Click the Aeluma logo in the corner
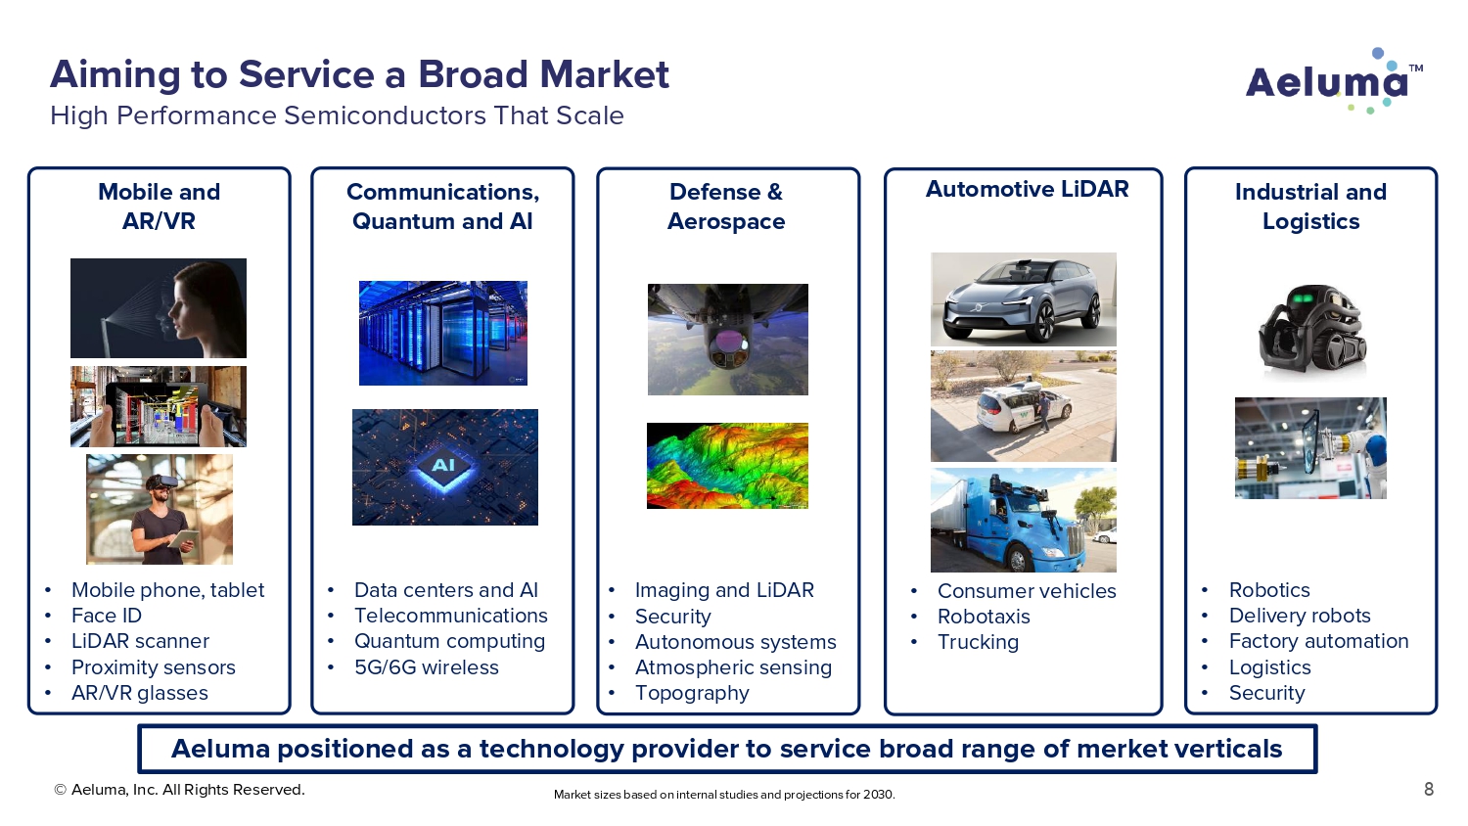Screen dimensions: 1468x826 (1334, 81)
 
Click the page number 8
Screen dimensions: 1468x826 (1429, 789)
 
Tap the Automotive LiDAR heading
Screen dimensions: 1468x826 (1027, 189)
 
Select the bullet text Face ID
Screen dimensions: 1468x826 (106, 616)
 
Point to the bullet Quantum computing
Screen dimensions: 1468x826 (449, 641)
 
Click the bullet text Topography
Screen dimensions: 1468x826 (692, 693)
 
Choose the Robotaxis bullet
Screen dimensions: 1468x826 (984, 617)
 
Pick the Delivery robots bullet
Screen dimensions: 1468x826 (1300, 616)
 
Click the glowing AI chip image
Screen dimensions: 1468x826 (445, 468)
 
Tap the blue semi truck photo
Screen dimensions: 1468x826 (1023, 521)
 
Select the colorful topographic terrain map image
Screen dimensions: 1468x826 (727, 466)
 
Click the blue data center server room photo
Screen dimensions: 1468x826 (443, 333)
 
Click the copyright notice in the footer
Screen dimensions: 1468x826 (179, 789)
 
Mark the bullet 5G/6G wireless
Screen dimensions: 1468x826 (426, 667)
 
